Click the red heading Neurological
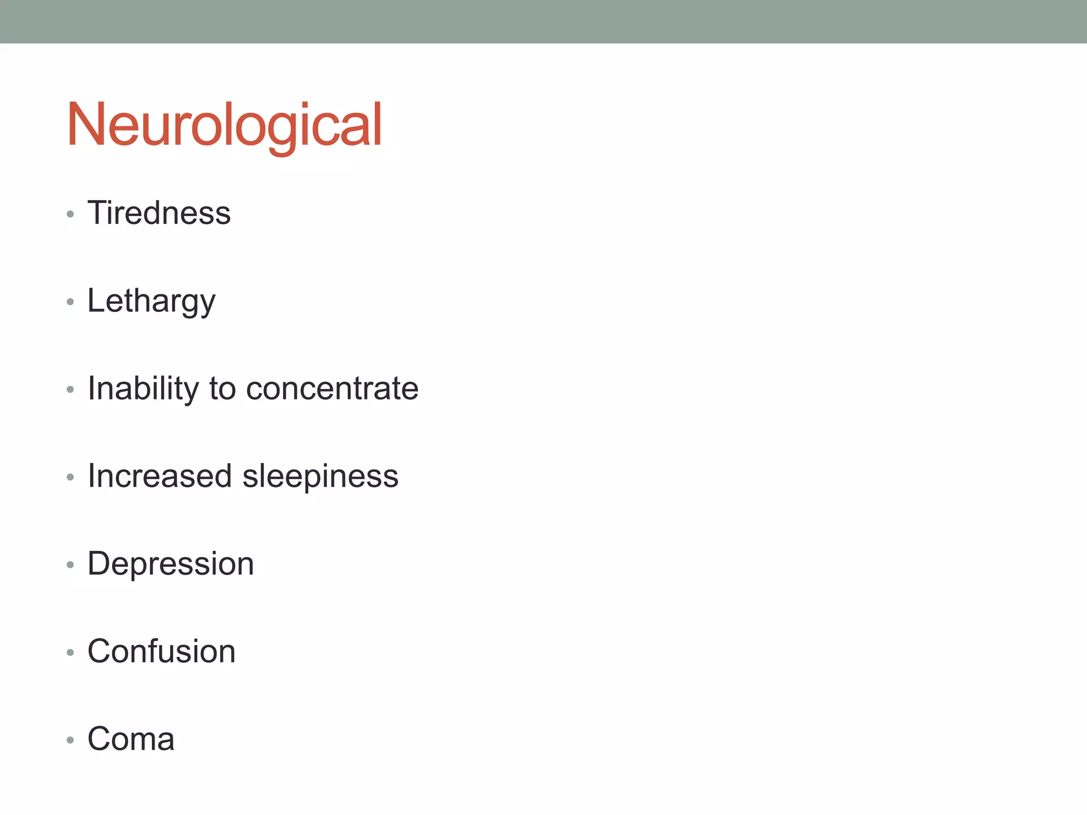224,125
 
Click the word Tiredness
159,213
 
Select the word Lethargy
151,301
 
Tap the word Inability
143,388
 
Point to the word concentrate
332,388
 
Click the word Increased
160,476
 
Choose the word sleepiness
320,476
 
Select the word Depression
170,563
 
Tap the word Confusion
161,651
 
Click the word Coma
131,739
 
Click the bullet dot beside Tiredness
70,214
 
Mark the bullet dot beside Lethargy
70,302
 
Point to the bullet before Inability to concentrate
70,389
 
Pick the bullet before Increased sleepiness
70,477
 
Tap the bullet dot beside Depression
70,565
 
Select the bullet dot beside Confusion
70,652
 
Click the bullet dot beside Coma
70,740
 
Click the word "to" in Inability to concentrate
222,388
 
